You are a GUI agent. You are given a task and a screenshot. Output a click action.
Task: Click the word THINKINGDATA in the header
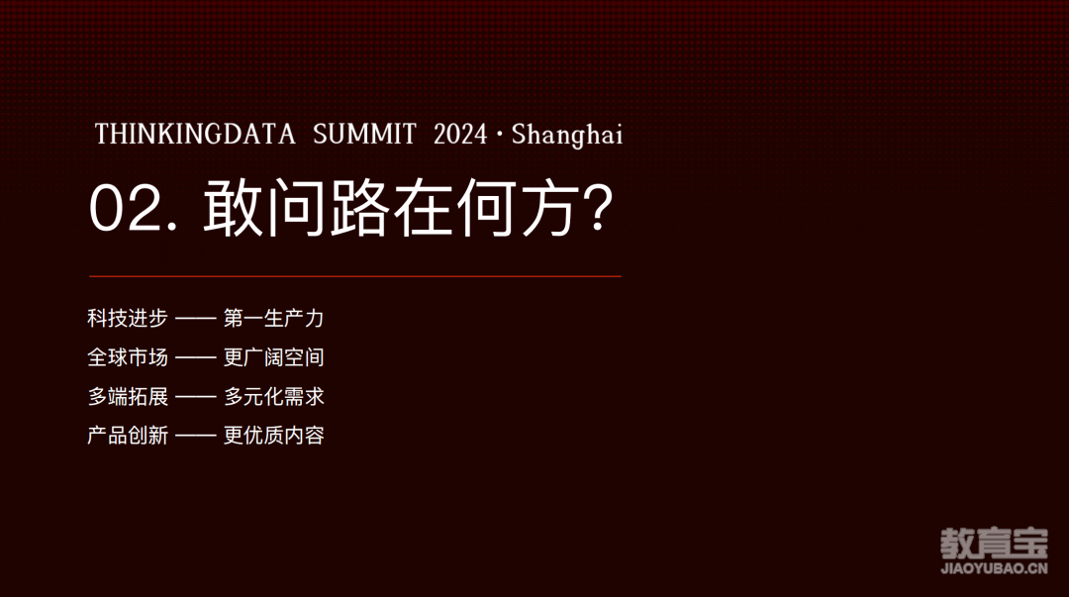(x=195, y=134)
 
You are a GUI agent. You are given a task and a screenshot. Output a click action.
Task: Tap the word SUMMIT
(x=364, y=134)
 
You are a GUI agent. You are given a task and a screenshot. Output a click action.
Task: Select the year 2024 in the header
(x=460, y=134)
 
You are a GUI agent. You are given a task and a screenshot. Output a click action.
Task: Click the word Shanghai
(x=567, y=135)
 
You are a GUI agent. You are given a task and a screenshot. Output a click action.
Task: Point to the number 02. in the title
(x=135, y=209)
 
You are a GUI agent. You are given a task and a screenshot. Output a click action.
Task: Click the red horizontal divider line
(x=355, y=276)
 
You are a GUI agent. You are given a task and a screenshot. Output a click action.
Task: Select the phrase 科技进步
(x=128, y=318)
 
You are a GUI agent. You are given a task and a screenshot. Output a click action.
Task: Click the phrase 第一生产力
(x=274, y=318)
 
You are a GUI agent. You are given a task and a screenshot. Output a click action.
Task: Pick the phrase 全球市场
(x=128, y=356)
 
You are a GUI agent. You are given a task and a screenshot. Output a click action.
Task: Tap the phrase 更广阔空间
(x=274, y=356)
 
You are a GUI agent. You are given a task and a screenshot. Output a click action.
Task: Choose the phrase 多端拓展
(x=128, y=396)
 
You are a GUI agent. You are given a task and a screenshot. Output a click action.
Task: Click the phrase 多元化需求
(x=274, y=396)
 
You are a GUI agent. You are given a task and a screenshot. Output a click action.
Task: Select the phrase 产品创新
(x=128, y=436)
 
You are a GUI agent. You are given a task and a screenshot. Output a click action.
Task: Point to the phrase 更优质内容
(x=274, y=436)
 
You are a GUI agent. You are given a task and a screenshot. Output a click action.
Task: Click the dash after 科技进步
(x=196, y=318)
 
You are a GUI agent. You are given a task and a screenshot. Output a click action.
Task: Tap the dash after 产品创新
(x=196, y=436)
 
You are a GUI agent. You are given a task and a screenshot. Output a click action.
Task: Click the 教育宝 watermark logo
(x=995, y=544)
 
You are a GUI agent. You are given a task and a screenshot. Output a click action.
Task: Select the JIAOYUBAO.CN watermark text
(x=995, y=568)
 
